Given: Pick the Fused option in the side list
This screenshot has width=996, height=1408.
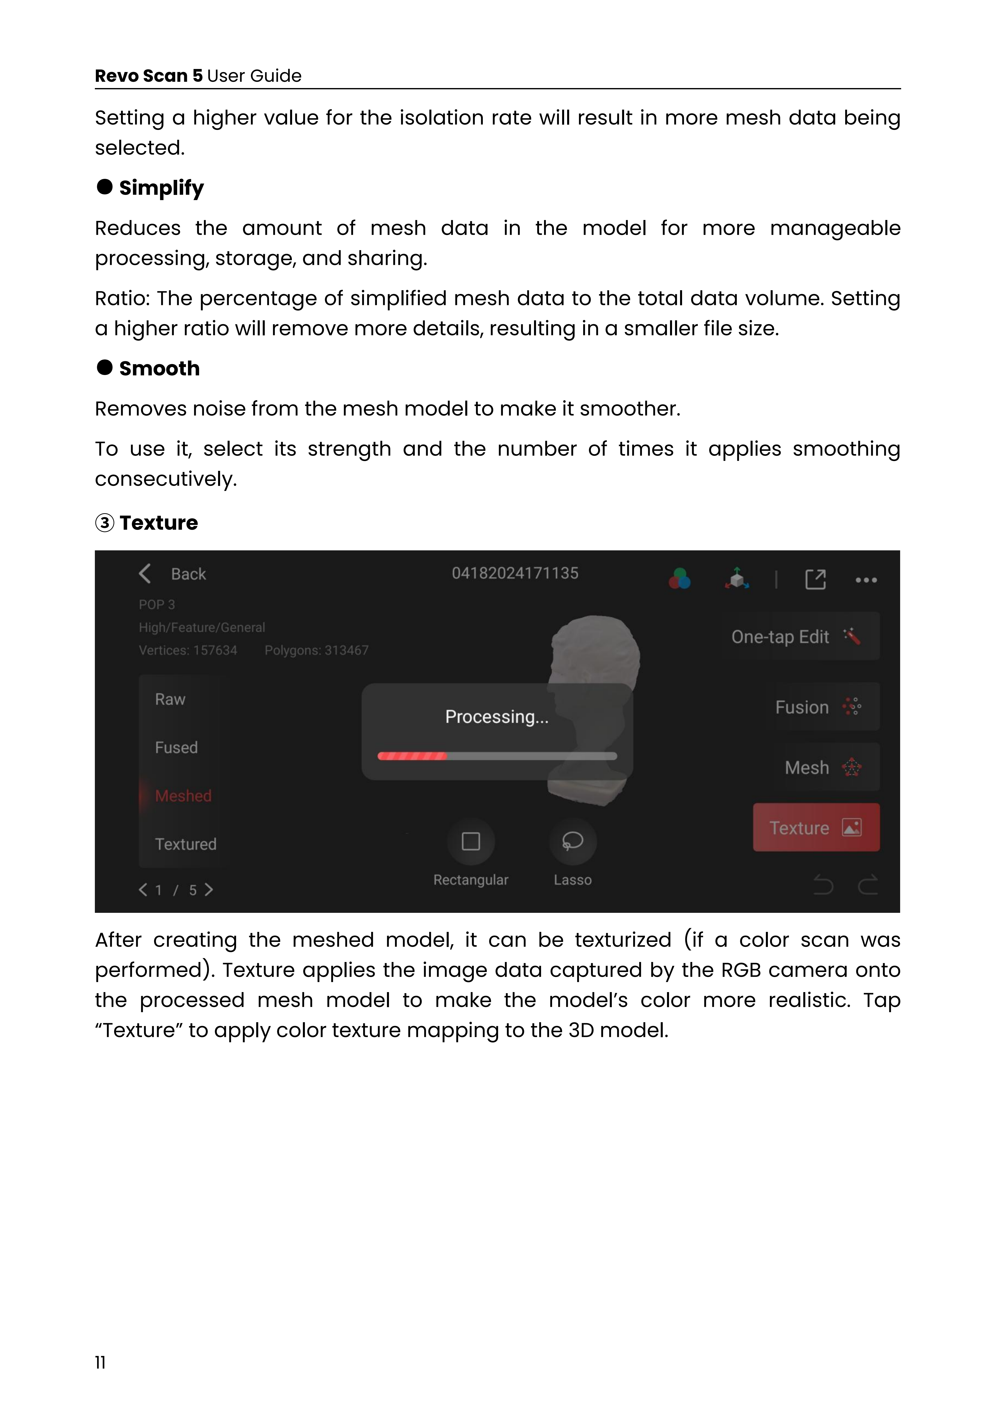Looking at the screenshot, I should tap(176, 748).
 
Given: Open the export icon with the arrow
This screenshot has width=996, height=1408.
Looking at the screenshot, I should tap(815, 579).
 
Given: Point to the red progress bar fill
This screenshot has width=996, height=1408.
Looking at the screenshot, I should tap(412, 756).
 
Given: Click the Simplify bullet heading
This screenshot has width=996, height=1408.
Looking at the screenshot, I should tap(161, 188).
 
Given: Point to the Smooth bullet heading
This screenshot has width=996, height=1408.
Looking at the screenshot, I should tap(159, 368).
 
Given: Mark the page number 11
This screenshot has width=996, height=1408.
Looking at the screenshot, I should tap(100, 1362).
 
